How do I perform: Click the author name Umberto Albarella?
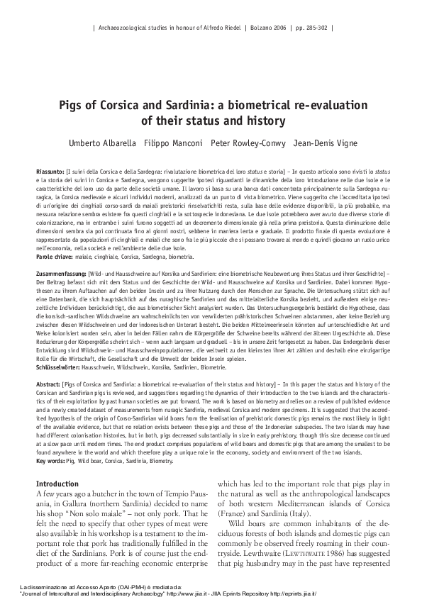98,143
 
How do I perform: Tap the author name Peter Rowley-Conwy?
247,143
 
